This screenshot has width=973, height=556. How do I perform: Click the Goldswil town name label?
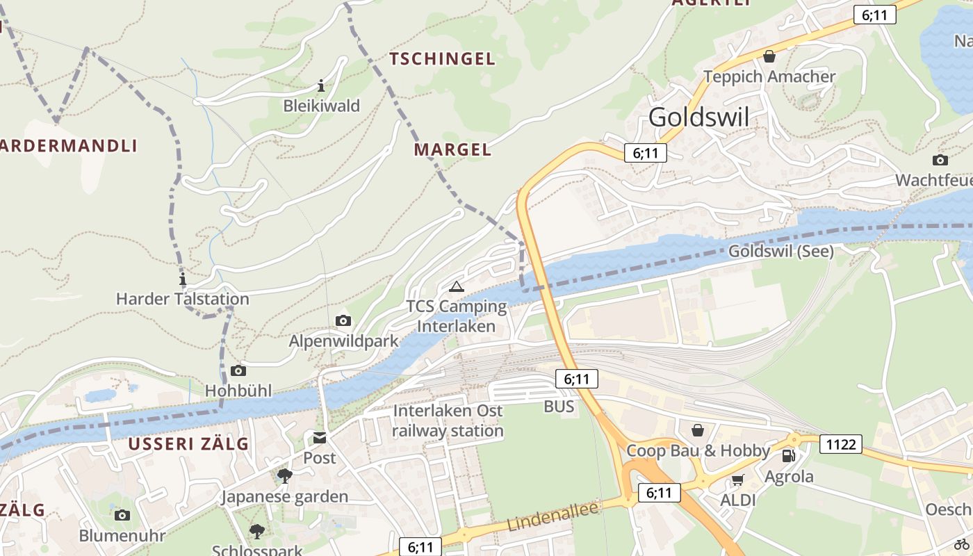tap(698, 117)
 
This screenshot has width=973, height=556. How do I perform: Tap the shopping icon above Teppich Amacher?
tap(769, 56)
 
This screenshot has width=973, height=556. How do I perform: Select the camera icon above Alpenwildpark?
tap(343, 320)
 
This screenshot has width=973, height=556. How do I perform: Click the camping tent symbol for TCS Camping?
tap(456, 286)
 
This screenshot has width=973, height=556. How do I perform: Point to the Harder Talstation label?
tap(182, 299)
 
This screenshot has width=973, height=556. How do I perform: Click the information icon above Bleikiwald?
tap(321, 86)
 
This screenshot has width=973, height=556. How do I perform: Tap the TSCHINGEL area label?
tap(442, 59)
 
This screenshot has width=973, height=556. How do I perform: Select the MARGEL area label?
tap(452, 149)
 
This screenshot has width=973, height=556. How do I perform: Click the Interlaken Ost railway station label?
tap(448, 420)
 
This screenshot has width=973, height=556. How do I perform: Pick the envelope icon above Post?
tap(319, 438)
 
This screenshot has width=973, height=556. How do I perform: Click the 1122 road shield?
tap(840, 443)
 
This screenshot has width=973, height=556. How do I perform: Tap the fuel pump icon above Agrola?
tap(789, 456)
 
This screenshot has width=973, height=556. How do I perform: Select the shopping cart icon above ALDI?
tap(737, 480)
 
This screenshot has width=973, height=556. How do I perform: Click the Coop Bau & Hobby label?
tap(698, 450)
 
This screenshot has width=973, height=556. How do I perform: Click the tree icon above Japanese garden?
tap(284, 475)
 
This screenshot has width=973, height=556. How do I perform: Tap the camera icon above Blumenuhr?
tap(122, 515)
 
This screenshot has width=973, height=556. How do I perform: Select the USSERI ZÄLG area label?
tap(188, 444)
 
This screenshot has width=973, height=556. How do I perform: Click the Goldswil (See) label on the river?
tap(780, 251)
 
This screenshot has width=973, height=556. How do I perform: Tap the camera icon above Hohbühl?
tap(238, 371)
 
